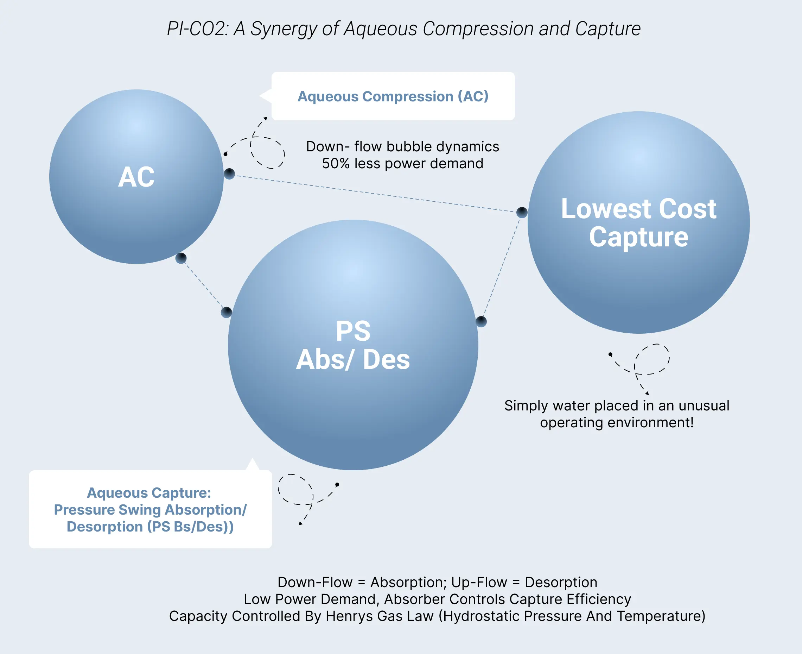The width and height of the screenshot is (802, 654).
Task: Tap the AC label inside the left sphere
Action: point(136,177)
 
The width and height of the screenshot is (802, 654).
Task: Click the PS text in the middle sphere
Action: point(353,331)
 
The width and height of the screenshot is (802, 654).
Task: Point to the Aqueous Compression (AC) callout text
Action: point(393,96)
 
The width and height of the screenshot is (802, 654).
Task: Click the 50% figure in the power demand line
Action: point(336,163)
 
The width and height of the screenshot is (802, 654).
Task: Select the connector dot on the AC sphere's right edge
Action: point(229,174)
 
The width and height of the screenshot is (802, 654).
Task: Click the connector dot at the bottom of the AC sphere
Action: point(181,258)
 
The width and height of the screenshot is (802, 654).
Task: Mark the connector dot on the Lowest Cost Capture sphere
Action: point(522,213)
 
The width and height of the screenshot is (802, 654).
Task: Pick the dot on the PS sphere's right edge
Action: point(481,321)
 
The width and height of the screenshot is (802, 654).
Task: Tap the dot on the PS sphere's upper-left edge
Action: point(226,312)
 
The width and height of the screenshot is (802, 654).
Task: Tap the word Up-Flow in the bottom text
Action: point(479,583)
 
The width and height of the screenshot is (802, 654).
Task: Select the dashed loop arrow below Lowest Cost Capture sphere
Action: point(651,360)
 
